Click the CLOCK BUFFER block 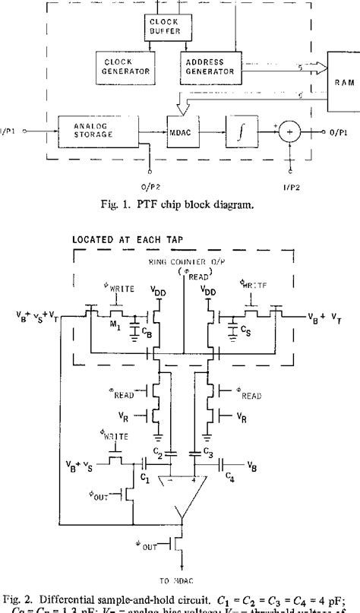pyautogui.click(x=164, y=27)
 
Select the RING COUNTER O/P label pyautogui.click(x=183, y=261)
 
